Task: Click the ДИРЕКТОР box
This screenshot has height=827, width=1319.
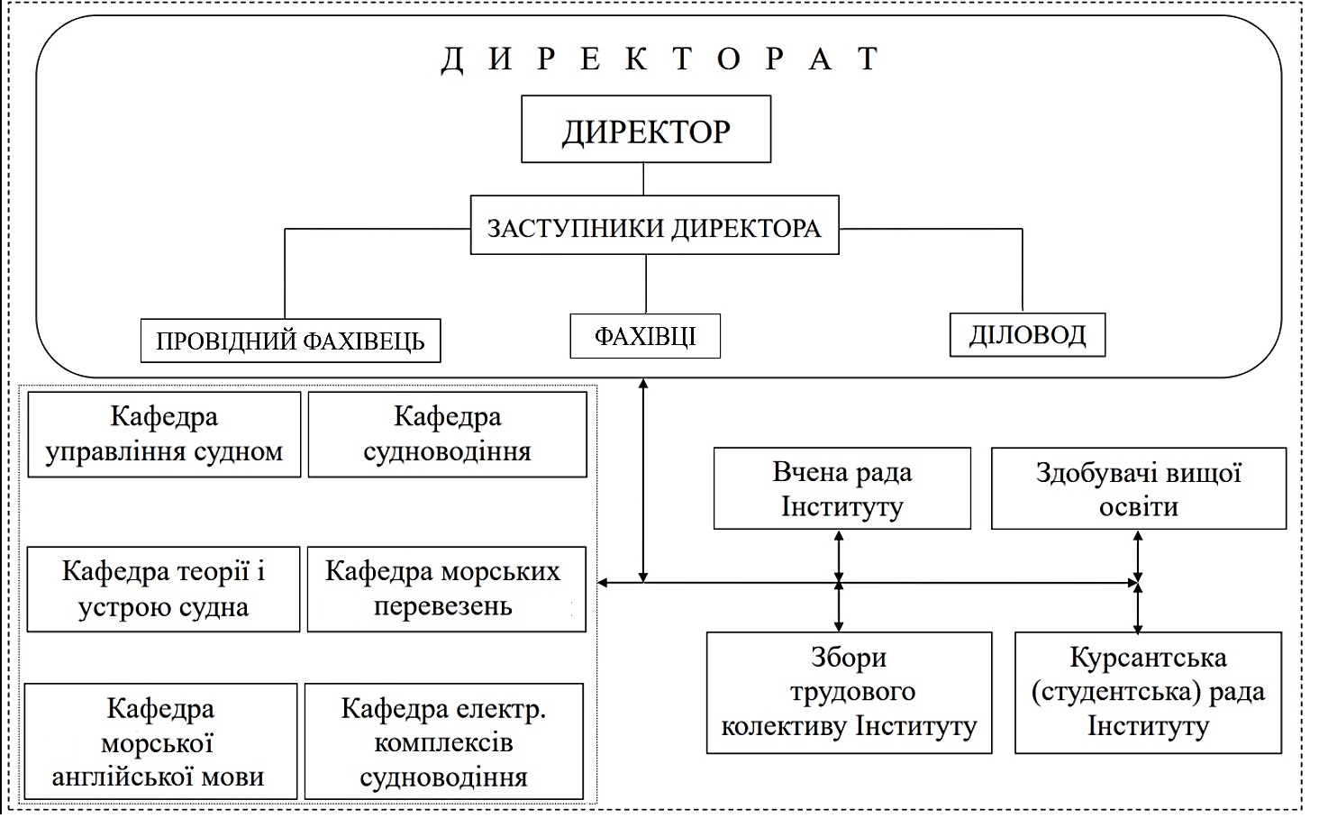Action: (646, 131)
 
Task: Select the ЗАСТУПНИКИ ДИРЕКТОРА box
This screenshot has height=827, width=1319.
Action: (654, 228)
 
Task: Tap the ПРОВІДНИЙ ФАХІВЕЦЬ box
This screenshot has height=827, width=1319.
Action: (290, 341)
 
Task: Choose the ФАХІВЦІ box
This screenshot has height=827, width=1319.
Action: (645, 336)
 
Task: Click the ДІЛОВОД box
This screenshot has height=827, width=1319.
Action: (1027, 334)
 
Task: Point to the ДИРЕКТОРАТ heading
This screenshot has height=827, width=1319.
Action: (659, 59)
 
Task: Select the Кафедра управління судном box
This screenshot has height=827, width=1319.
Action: (164, 434)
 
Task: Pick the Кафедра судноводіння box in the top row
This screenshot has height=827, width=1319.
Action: (447, 434)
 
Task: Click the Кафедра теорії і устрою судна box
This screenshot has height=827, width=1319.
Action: (163, 589)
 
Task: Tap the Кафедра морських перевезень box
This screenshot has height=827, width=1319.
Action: (446, 589)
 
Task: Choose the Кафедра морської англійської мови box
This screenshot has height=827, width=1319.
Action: (160, 741)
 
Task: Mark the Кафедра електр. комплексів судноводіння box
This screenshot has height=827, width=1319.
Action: (443, 741)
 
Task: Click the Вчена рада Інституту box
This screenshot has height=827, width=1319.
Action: (841, 488)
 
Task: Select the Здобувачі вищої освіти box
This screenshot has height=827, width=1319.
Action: (1138, 488)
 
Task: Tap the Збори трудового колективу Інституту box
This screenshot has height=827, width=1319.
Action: (849, 692)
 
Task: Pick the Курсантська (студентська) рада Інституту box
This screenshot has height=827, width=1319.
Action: (1148, 692)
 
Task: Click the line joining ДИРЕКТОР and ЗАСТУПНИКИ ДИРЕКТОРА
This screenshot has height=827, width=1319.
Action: (643, 179)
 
